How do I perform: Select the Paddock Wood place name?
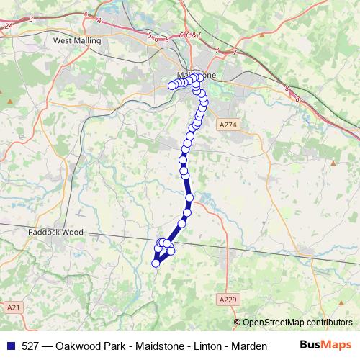pyautogui.click(x=55, y=233)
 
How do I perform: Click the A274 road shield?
pyautogui.click(x=227, y=125)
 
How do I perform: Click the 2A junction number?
pyautogui.click(x=8, y=26)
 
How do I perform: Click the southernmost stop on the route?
pyautogui.click(x=155, y=264)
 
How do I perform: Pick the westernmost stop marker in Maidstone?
pyautogui.click(x=172, y=86)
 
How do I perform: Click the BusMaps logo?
pyautogui.click(x=325, y=346)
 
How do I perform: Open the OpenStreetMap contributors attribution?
pyautogui.click(x=297, y=323)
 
